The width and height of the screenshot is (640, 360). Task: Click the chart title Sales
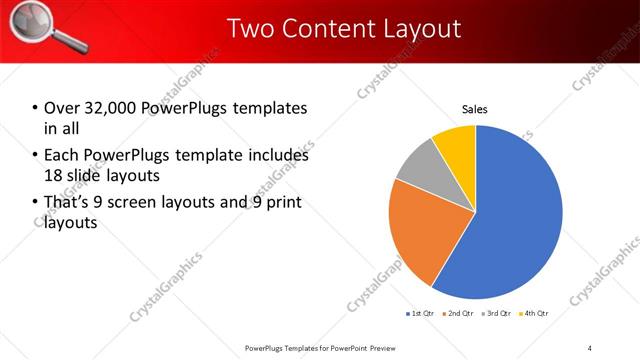[475, 110]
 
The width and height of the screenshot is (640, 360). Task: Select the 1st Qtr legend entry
[418, 314]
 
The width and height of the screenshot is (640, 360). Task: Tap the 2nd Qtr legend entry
[457, 314]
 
